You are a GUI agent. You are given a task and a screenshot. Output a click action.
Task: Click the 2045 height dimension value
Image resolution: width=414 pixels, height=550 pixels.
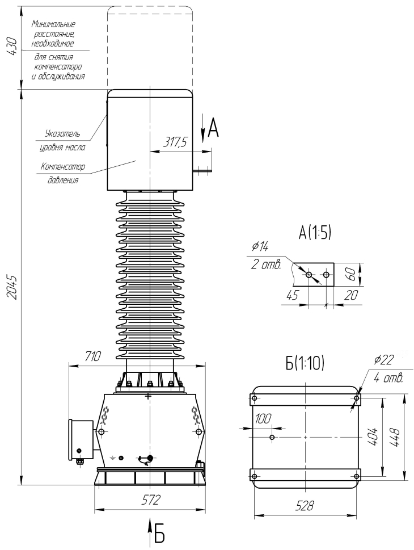pos(12,287)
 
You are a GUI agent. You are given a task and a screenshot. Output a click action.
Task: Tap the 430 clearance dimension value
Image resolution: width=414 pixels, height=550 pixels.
pos(12,45)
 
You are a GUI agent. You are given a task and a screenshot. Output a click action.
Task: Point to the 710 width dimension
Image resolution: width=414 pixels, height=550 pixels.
pos(92,356)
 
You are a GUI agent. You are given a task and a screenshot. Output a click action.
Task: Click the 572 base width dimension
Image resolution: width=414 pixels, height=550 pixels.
pos(151,499)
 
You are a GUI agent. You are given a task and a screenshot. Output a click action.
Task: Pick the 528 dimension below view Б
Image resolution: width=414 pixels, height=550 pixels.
pos(305,506)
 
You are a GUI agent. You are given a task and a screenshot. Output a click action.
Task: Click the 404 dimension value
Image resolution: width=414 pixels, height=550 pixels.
pos(373,437)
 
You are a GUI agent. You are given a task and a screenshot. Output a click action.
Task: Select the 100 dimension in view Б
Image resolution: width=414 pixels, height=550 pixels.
pos(263,419)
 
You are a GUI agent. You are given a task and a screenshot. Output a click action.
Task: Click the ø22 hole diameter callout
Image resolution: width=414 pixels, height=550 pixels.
pos(384,360)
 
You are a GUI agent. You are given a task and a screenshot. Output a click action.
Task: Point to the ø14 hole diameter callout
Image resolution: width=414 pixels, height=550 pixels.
pos(260,246)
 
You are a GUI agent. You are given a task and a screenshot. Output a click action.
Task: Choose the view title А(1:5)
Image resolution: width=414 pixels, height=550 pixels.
pos(315,233)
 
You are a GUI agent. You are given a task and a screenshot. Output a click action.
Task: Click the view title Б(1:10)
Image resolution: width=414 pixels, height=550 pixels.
pos(305,364)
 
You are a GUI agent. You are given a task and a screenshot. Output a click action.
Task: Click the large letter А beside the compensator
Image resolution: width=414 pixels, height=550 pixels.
pos(213,128)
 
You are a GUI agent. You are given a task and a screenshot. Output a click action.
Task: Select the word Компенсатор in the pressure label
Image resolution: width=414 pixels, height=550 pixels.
pos(63,166)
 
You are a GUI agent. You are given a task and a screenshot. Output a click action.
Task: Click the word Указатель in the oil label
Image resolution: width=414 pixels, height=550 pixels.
pos(63,133)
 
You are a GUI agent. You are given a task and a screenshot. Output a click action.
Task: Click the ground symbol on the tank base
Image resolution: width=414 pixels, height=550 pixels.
pos(113,457)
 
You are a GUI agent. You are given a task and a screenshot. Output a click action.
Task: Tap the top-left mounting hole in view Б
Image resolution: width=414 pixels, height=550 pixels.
pos(255,398)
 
